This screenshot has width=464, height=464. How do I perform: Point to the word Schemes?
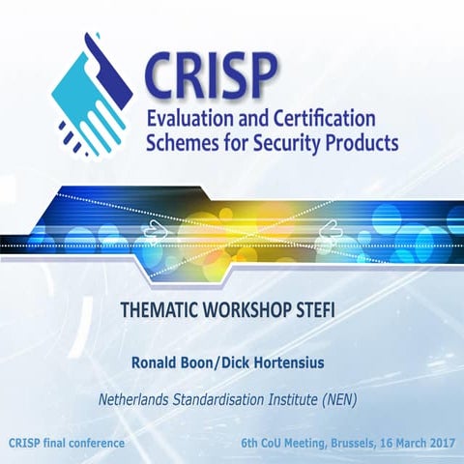tap(183, 144)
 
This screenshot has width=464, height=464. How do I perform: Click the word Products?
tap(362, 144)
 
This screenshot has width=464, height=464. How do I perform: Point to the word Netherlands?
tap(139, 399)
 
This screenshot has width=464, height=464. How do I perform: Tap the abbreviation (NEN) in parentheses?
tap(349, 399)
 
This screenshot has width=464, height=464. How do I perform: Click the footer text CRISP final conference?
tap(67, 443)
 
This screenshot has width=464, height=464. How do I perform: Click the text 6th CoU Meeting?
tap(284, 443)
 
